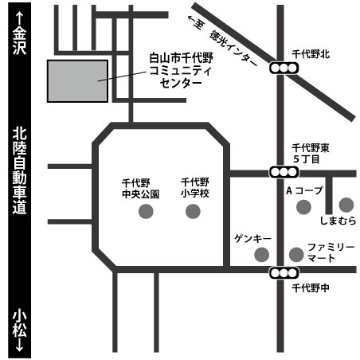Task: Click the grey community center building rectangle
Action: click(x=77, y=81)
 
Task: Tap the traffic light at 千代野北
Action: click(x=284, y=68)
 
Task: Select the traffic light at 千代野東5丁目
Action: click(x=284, y=172)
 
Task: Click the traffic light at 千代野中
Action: click(x=284, y=272)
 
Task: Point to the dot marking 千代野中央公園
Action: click(x=146, y=211)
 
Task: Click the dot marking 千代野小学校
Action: click(x=193, y=211)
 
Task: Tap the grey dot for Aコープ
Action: click(x=303, y=207)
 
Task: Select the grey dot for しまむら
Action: click(x=346, y=205)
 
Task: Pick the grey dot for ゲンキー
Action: click(x=262, y=254)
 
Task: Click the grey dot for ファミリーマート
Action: click(x=296, y=254)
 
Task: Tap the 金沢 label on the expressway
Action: click(x=20, y=41)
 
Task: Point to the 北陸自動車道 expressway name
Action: click(x=20, y=171)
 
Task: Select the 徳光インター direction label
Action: click(x=233, y=49)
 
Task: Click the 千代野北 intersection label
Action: click(x=311, y=54)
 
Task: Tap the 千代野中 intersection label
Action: click(x=311, y=288)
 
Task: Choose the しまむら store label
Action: click(x=338, y=221)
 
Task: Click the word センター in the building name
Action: click(x=181, y=84)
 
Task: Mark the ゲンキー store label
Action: click(x=252, y=239)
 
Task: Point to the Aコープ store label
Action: click(x=305, y=190)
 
